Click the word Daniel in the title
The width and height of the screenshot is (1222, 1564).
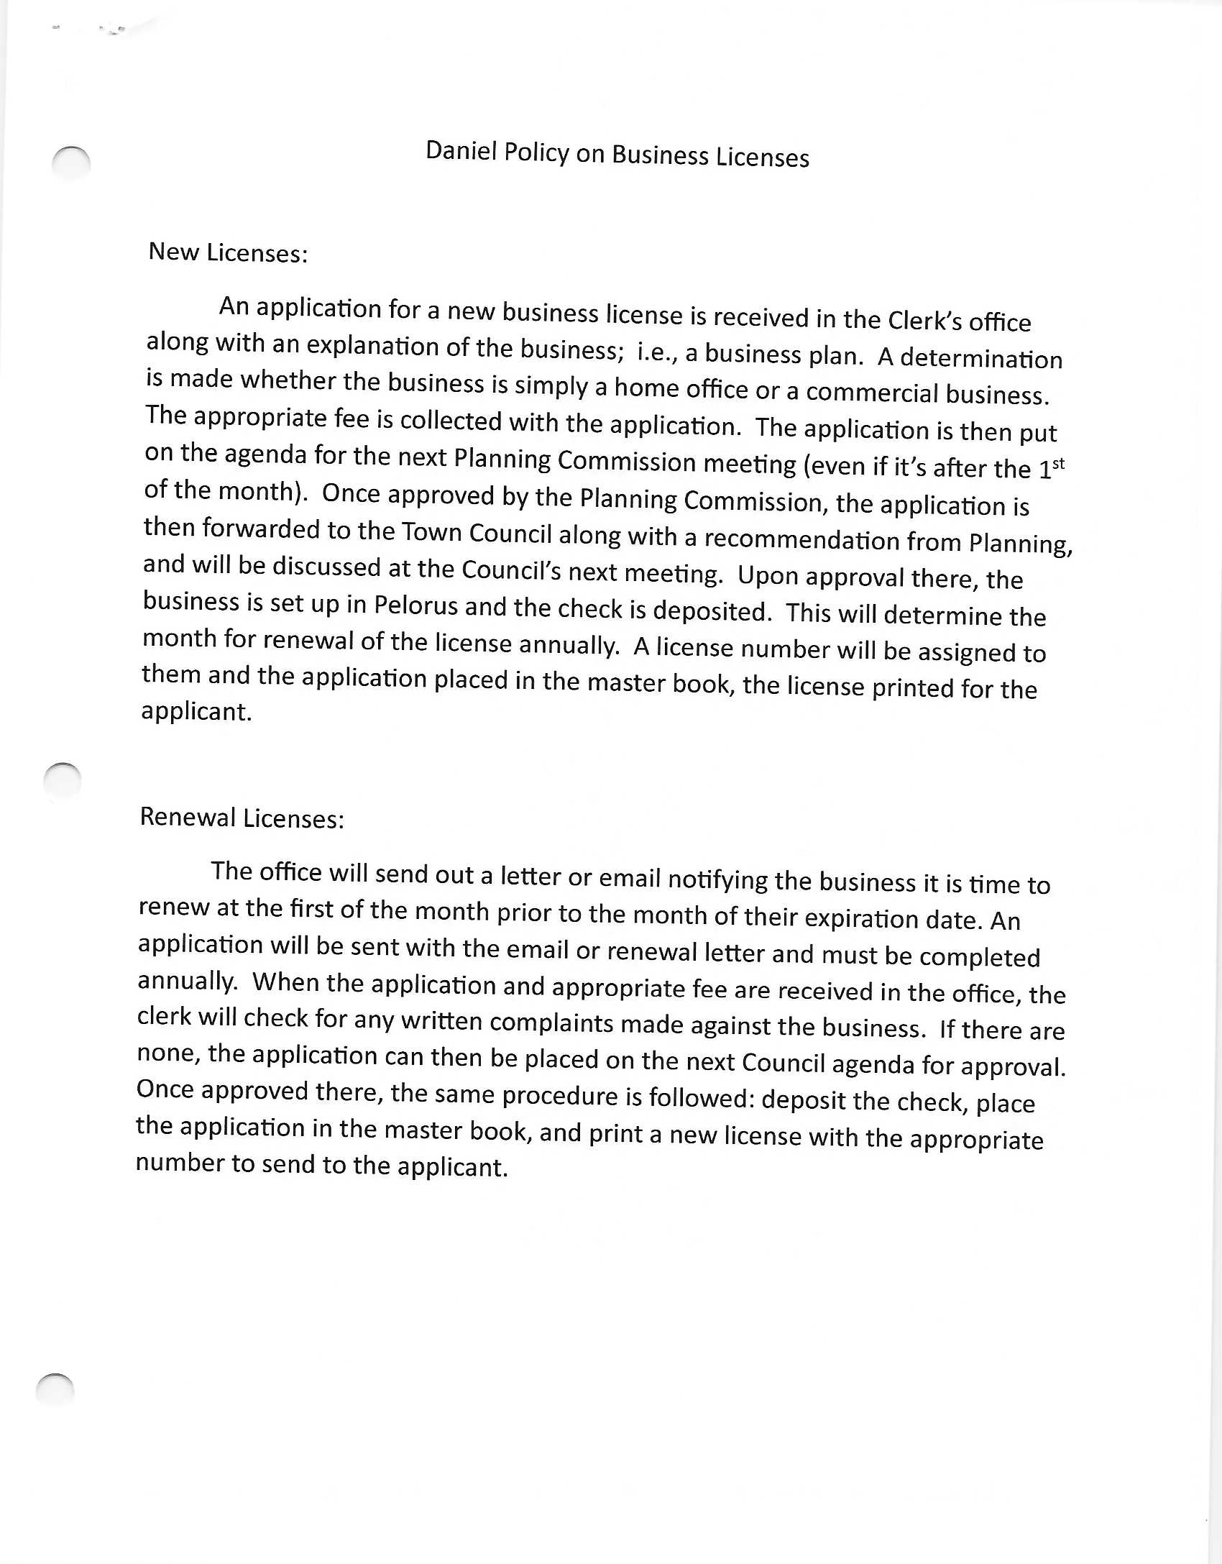pos(461,150)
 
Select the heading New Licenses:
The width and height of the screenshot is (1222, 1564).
pos(228,252)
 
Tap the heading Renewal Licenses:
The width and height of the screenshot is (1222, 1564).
pos(242,818)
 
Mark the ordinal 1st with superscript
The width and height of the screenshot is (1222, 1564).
pos(1052,468)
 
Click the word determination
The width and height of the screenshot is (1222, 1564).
pos(980,358)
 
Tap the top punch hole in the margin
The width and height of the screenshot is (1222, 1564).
pos(71,163)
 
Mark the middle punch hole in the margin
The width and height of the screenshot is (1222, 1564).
pos(63,779)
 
